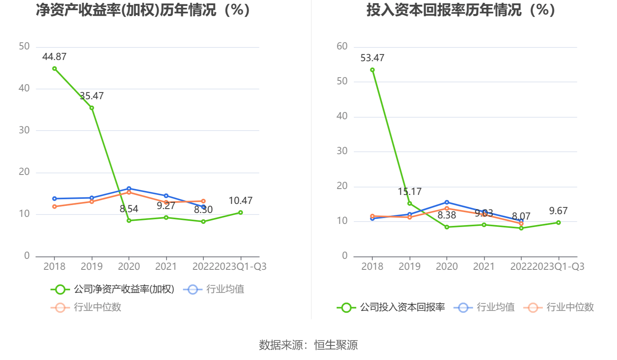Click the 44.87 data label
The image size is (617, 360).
tap(54, 57)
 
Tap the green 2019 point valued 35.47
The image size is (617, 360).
tap(92, 108)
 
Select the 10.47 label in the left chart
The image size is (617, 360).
tap(240, 201)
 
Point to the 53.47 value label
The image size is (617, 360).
tap(372, 58)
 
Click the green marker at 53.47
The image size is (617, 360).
tap(372, 70)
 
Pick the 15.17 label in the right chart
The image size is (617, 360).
tap(410, 192)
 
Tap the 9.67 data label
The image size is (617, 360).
tap(558, 211)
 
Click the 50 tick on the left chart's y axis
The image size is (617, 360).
tap(24, 47)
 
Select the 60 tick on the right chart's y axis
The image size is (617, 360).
tap(342, 47)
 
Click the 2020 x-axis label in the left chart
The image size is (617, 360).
tap(129, 267)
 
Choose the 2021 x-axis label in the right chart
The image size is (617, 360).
tap(484, 267)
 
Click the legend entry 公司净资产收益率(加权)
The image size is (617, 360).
tap(124, 289)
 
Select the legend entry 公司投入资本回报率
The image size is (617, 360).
tap(402, 307)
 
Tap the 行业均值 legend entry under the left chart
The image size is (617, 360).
tap(225, 289)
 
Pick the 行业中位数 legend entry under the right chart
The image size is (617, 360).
tap(570, 307)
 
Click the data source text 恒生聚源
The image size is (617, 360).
tap(336, 345)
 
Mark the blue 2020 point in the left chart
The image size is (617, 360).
tap(129, 189)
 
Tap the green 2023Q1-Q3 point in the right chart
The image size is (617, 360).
tap(558, 223)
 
